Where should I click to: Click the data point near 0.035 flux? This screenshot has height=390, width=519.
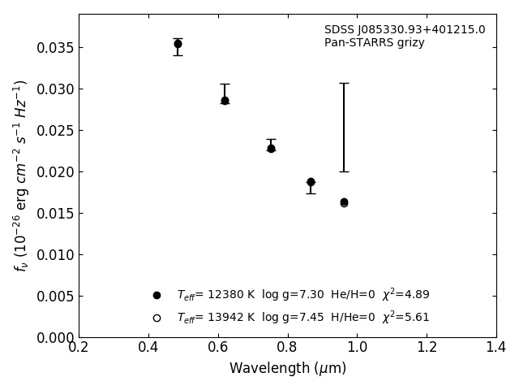[178, 44]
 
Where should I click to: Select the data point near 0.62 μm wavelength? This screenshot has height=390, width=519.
[225, 101]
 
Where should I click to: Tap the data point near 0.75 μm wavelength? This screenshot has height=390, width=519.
[271, 148]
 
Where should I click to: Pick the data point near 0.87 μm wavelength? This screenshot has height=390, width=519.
[311, 182]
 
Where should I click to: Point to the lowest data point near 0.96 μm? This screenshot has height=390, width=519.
[344, 202]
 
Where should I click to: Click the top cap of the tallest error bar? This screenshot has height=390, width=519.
[344, 83]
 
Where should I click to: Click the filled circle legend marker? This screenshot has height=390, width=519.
[157, 295]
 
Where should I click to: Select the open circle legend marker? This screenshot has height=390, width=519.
[157, 318]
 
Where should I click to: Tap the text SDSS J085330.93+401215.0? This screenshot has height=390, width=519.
[405, 30]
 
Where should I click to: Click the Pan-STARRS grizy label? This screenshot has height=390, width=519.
[375, 43]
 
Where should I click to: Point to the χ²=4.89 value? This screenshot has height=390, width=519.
[405, 294]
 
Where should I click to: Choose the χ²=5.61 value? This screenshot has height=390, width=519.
[405, 317]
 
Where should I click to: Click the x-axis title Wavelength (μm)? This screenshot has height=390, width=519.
[287, 369]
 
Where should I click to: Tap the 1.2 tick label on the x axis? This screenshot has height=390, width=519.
[427, 347]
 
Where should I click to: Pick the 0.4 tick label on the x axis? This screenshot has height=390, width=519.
[148, 347]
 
